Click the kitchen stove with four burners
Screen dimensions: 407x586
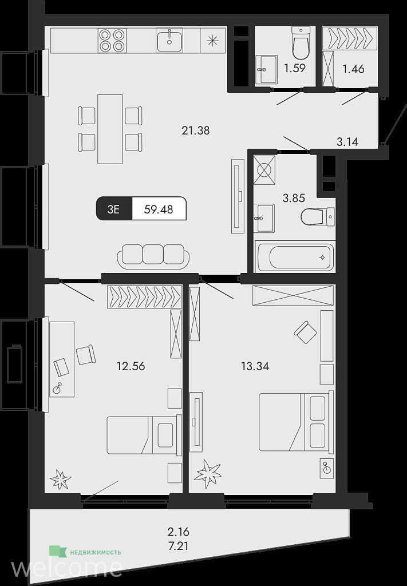(112, 41)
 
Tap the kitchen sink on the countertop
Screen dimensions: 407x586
(169, 41)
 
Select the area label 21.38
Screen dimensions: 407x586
(195, 130)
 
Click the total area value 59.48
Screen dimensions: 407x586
(159, 209)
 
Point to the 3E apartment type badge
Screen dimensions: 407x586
(113, 209)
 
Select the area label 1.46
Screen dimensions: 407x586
(353, 69)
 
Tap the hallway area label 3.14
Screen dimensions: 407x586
(347, 142)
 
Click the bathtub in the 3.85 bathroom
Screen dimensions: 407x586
(295, 256)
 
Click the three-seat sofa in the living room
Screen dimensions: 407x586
(153, 257)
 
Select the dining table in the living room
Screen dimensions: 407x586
(110, 129)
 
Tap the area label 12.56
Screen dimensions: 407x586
(131, 366)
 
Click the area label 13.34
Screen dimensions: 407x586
(255, 366)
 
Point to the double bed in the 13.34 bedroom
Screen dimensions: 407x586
(296, 422)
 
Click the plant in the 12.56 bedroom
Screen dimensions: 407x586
(60, 479)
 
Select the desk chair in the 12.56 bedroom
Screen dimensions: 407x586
(86, 355)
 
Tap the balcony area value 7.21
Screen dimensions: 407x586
(178, 546)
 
